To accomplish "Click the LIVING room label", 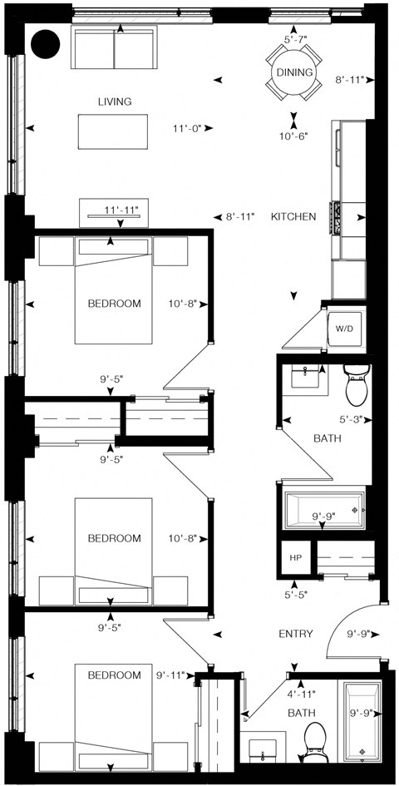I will [115, 101].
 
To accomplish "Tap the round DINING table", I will [294, 72].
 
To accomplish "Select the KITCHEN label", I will [293, 217].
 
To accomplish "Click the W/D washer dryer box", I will [344, 329].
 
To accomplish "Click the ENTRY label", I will [295, 634].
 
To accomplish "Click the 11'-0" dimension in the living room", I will [188, 128].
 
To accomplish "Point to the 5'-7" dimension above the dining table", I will [296, 39].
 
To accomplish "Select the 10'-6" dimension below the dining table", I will [295, 136].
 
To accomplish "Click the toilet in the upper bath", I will [356, 384].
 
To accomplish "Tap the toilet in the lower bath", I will [315, 737].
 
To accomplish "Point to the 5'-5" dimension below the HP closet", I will [294, 596].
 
